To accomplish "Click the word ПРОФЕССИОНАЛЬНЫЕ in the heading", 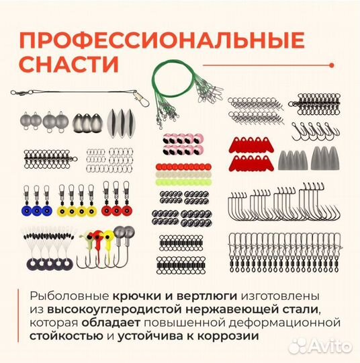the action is point(162,40).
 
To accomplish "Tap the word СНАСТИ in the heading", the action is point(69,64).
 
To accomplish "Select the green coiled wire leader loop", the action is point(173,79).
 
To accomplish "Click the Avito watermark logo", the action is point(320,347).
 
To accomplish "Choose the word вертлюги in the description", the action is point(207,296).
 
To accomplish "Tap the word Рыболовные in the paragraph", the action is point(69,296).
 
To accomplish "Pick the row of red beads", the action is point(183,167).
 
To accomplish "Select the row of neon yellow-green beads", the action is point(183,182).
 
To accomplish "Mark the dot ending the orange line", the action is point(332,65).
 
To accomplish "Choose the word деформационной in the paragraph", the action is point(285,323).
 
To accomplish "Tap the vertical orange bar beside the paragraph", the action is point(18,315).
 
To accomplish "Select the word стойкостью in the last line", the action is point(66,336).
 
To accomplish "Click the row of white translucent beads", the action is point(183,175).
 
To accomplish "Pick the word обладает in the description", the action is point(111,323).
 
